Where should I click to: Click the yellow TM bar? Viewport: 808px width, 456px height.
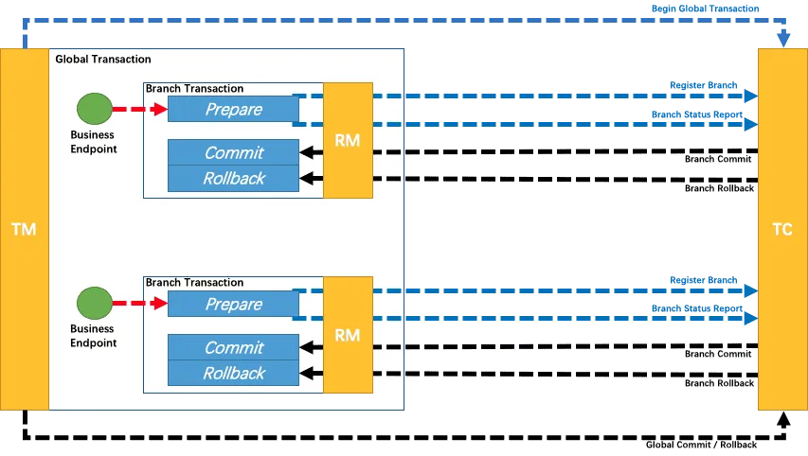pyautogui.click(x=24, y=229)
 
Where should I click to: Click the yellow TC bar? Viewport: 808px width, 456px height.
pyautogui.click(x=782, y=229)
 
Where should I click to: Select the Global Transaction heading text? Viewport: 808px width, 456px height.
pyautogui.click(x=103, y=59)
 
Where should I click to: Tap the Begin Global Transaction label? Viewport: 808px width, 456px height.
pyautogui.click(x=705, y=9)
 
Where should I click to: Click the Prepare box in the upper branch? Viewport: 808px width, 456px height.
pyautogui.click(x=233, y=110)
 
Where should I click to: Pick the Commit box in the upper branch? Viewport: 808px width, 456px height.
pyautogui.click(x=233, y=152)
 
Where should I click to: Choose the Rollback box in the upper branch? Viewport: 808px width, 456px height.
pyautogui.click(x=233, y=178)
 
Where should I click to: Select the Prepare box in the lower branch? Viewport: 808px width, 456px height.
pyautogui.click(x=233, y=305)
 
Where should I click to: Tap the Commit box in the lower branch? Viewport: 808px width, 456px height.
pyautogui.click(x=233, y=347)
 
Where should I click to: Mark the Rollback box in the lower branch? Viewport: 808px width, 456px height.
pyautogui.click(x=233, y=373)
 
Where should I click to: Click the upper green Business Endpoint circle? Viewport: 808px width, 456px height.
pyautogui.click(x=94, y=109)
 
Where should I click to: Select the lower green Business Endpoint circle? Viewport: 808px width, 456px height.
pyautogui.click(x=94, y=304)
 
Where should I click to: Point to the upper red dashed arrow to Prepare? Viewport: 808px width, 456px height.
pyautogui.click(x=139, y=110)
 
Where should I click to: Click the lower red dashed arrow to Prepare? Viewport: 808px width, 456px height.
pyautogui.click(x=139, y=305)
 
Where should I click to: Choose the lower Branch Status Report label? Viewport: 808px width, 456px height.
pyautogui.click(x=695, y=308)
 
